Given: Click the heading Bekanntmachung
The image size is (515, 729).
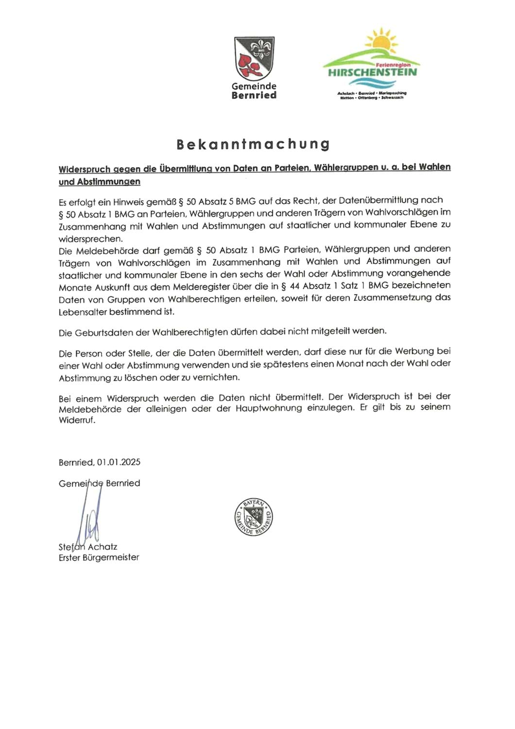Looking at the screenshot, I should tap(253, 144).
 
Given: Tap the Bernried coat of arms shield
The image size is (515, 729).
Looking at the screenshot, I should tap(254, 58).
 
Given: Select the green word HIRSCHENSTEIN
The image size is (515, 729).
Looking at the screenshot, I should tap(372, 72).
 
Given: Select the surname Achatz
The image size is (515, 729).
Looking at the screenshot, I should tap(103, 547).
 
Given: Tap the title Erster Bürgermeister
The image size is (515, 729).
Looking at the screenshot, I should tap(99, 557).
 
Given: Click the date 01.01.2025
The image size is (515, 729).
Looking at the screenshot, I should tap(119, 462).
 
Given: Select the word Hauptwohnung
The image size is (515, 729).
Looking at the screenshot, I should tap(269, 408).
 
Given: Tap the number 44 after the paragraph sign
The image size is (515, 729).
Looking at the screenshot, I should tap(294, 286).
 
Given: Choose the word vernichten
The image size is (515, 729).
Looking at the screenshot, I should tap(215, 377).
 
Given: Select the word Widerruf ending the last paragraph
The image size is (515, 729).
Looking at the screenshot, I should tap(76, 420).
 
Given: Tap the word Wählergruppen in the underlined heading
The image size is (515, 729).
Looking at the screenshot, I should tap(346, 168).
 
